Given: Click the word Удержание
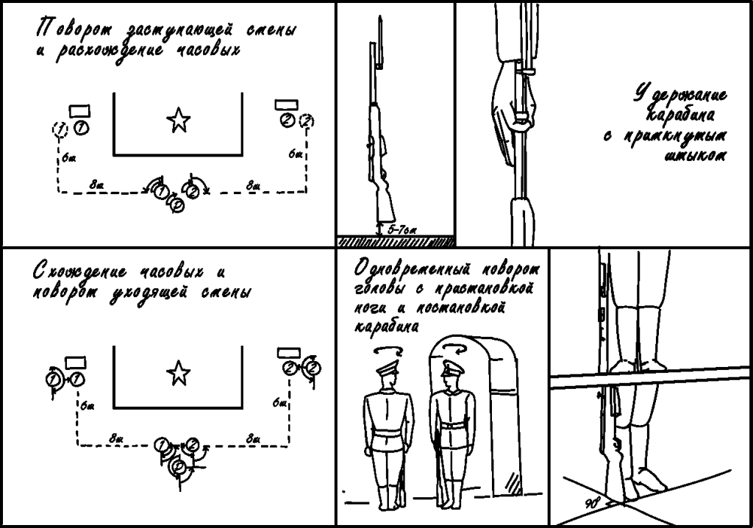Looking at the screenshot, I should pyautogui.click(x=681, y=96).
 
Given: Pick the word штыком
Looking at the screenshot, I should pyautogui.click(x=695, y=155).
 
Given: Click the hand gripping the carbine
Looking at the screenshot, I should pyautogui.click(x=507, y=103).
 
